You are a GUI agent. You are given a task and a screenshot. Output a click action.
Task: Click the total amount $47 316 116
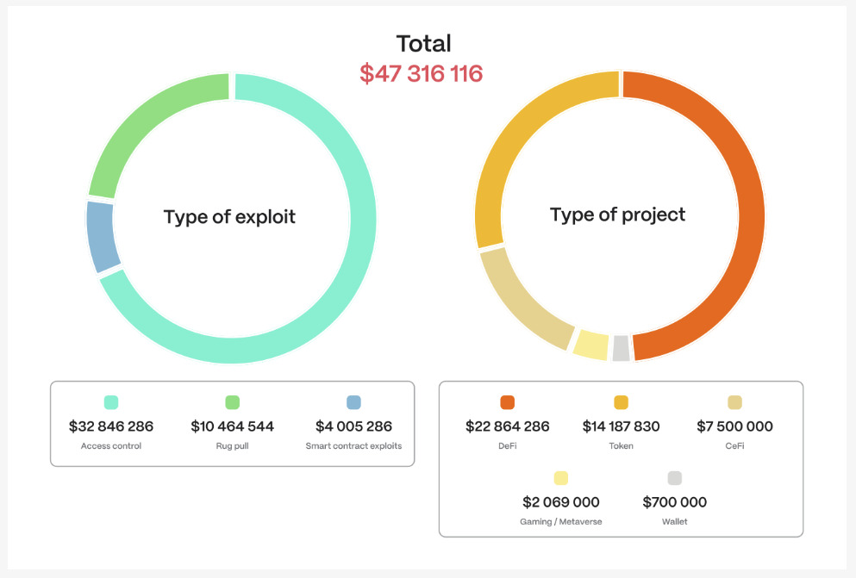click(421, 74)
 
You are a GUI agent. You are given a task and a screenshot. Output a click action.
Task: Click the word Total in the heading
click(423, 43)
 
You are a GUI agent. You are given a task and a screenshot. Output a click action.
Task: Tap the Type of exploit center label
click(229, 217)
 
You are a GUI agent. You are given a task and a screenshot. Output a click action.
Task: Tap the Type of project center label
click(617, 214)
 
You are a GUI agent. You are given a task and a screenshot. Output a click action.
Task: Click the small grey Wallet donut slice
click(621, 348)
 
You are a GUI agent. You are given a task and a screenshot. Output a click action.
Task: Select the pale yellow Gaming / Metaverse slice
click(591, 343)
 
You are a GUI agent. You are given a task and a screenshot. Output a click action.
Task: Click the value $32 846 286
click(110, 426)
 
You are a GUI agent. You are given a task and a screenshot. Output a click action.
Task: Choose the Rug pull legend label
click(232, 446)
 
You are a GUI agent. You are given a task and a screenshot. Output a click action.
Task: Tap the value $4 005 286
click(353, 426)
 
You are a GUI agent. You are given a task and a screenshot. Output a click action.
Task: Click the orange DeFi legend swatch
click(507, 402)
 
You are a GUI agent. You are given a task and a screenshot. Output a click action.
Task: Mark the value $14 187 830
click(621, 426)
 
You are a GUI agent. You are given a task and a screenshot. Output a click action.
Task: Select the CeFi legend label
click(734, 446)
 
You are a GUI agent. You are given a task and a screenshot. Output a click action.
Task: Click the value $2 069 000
click(561, 502)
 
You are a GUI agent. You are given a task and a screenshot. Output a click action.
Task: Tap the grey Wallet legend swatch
click(675, 478)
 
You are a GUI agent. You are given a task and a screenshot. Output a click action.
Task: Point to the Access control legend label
click(110, 446)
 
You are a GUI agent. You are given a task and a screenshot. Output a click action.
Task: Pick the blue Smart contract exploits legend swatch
click(353, 402)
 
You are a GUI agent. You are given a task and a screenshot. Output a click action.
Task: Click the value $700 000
click(675, 502)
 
